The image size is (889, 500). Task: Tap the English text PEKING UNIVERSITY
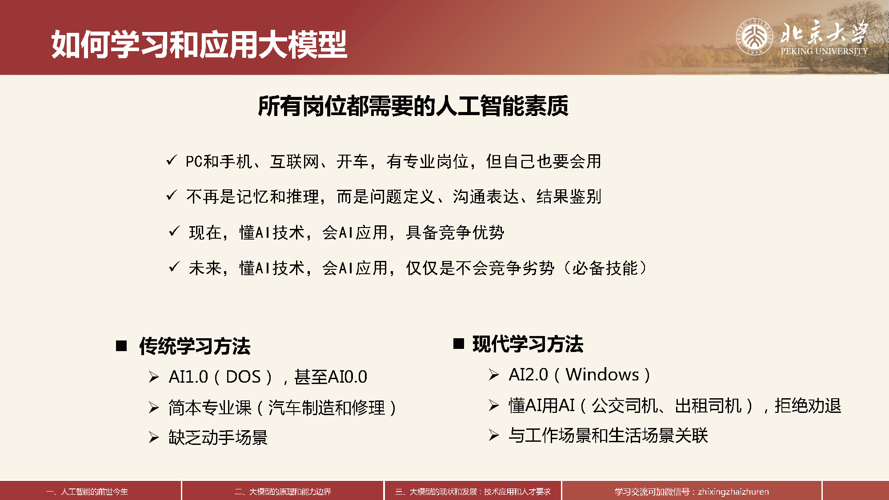(x=824, y=51)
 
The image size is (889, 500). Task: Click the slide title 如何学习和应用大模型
(x=199, y=44)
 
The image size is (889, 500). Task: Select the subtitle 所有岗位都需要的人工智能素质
(x=413, y=106)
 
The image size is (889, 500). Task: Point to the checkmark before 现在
(x=174, y=231)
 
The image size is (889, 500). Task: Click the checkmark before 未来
(x=174, y=267)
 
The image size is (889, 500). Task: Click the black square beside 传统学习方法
(x=121, y=346)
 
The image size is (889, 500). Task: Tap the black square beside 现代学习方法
(x=459, y=344)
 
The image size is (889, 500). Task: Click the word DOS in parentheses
(x=243, y=377)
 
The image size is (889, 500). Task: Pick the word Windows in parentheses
(x=602, y=375)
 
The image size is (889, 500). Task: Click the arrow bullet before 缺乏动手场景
(x=154, y=438)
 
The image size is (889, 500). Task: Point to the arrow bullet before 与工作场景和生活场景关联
(x=494, y=435)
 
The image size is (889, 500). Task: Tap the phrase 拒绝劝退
(x=808, y=406)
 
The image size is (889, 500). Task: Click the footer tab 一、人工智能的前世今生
(x=87, y=492)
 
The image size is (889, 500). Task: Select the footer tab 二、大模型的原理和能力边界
(x=283, y=492)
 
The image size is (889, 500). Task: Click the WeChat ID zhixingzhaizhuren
(x=733, y=492)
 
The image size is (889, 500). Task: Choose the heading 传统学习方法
(x=195, y=346)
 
